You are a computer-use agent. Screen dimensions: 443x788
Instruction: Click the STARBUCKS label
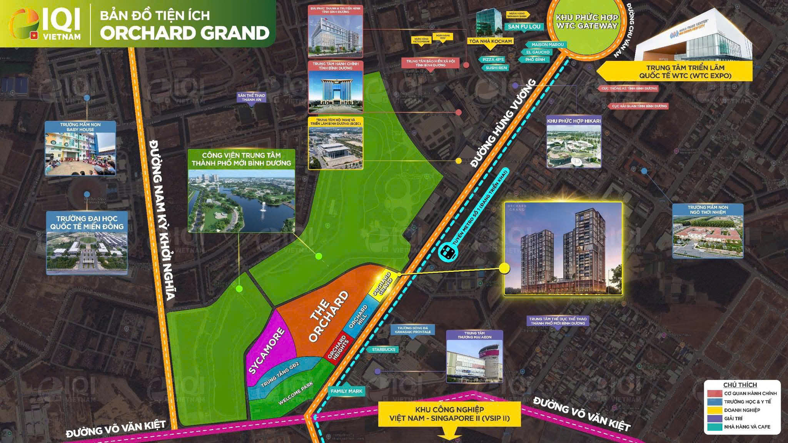(x=384, y=350)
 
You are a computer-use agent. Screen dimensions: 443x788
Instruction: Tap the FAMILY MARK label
(x=346, y=391)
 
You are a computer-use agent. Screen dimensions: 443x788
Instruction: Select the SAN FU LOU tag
(x=524, y=27)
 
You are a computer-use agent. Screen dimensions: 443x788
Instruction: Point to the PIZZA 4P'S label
(x=493, y=60)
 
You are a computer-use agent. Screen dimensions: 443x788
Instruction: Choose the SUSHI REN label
(x=496, y=68)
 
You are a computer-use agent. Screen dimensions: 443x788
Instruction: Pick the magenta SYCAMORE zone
(x=269, y=346)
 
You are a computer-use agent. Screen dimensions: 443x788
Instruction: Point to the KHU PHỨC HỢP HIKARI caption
(x=574, y=121)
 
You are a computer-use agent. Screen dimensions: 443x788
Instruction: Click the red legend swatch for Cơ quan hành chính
(x=714, y=393)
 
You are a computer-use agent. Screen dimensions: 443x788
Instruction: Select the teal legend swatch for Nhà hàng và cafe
(x=714, y=427)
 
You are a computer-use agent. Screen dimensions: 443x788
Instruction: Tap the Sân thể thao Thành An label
(x=251, y=98)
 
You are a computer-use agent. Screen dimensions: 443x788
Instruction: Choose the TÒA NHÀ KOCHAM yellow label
(x=490, y=41)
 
